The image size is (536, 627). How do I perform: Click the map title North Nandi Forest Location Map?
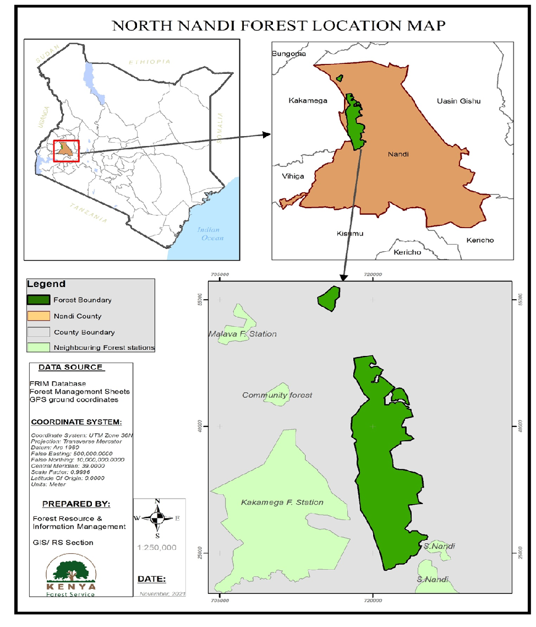click(278, 25)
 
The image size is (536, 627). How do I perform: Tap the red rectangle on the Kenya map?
click(67, 150)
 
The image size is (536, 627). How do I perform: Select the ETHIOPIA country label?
click(149, 62)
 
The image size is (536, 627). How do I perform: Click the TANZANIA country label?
click(88, 212)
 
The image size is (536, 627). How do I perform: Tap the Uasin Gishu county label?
click(458, 101)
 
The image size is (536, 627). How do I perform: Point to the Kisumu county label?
click(349, 233)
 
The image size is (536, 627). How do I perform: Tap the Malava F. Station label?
click(242, 334)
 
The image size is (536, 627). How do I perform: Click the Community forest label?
click(277, 395)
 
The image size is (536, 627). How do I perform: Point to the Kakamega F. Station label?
click(282, 502)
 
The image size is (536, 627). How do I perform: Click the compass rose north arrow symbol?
click(157, 518)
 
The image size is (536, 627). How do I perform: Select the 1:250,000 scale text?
click(157, 547)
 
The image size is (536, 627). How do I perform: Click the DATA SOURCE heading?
click(70, 367)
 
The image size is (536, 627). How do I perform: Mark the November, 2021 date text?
click(162, 594)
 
